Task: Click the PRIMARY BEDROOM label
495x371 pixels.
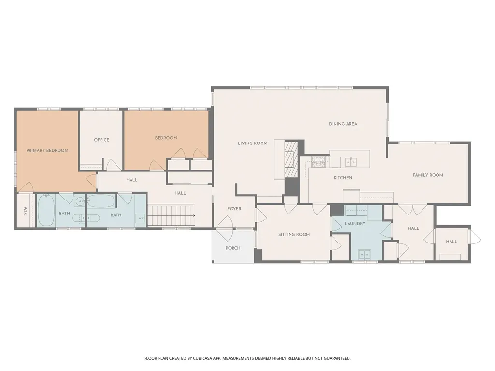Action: [47, 151]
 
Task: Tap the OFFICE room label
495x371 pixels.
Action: [102, 140]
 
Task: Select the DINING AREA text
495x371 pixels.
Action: [343, 124]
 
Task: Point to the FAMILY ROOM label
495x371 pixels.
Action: [428, 175]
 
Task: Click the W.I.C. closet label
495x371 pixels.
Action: [26, 212]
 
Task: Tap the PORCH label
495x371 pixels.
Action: [233, 248]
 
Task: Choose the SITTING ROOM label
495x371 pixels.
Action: [294, 235]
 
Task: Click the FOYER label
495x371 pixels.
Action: [234, 209]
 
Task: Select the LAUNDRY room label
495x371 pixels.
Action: [355, 224]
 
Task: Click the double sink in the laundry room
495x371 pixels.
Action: [364, 254]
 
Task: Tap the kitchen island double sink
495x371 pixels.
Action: [351, 162]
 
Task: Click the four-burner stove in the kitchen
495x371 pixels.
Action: [319, 162]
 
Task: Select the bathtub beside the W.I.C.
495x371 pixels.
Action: [46, 211]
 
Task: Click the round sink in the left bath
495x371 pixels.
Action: [80, 201]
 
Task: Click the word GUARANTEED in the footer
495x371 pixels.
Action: [338, 359]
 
